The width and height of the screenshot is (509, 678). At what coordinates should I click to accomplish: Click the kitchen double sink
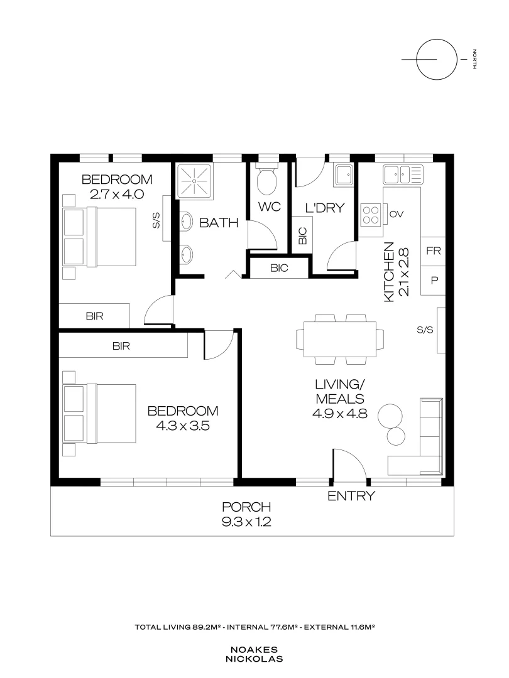pos(403,173)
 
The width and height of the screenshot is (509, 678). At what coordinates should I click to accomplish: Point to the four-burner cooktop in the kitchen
pos(371,214)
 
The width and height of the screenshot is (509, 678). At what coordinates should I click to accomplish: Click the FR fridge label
pos(434,251)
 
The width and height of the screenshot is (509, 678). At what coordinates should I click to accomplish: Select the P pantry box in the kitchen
pos(434,281)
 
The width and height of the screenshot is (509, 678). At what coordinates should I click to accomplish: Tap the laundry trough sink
pos(344,175)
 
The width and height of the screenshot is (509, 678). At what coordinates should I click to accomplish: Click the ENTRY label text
pos(351,497)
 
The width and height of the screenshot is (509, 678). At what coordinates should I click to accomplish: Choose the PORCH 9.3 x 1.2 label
pos(246,514)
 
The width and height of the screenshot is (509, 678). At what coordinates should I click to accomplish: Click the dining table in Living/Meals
pos(339,339)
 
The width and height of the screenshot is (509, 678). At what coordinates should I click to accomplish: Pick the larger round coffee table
pos(392,414)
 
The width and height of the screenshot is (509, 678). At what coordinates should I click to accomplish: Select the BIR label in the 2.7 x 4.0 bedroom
pos(94,316)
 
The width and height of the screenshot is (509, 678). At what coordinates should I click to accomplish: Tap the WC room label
pos(270,207)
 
